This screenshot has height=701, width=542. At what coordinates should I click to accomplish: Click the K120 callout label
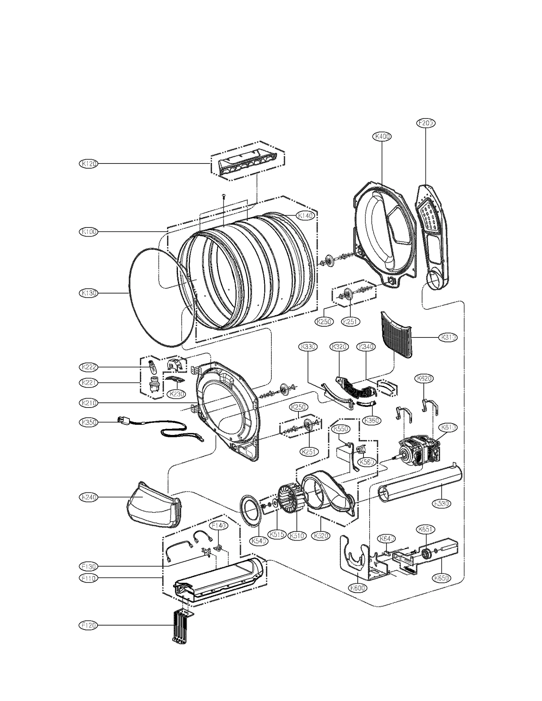(89, 163)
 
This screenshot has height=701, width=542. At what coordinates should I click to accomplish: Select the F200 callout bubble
(425, 123)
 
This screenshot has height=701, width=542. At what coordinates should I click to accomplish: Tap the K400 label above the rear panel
(382, 136)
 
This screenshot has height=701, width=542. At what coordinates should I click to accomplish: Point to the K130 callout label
(89, 293)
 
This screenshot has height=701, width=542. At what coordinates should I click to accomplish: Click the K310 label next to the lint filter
(448, 337)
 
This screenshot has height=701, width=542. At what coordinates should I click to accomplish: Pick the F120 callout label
(89, 625)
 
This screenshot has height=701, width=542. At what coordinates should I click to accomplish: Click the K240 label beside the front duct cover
(89, 497)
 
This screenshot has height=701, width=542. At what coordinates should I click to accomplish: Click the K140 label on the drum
(306, 215)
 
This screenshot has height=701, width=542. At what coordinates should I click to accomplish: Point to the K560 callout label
(367, 461)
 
